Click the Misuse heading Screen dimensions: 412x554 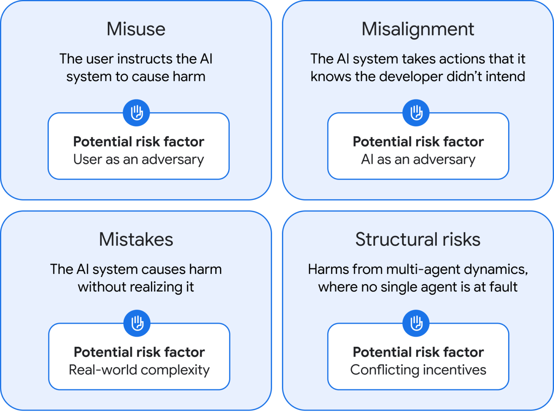[x=136, y=29]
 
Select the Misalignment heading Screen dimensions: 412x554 [x=418, y=29]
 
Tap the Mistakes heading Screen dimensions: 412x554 [x=136, y=239]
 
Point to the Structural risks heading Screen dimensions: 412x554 [x=418, y=239]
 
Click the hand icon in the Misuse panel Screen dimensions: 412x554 [x=137, y=113]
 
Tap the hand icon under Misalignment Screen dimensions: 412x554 [x=416, y=113]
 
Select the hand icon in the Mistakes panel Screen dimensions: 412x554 [x=137, y=323]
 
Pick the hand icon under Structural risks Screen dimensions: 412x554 [x=416, y=323]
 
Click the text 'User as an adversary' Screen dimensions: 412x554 [x=138, y=159]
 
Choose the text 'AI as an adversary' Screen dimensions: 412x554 [x=418, y=159]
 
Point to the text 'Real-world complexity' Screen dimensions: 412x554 [x=139, y=370]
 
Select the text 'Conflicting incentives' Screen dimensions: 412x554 [x=418, y=370]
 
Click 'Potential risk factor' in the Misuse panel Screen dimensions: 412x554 [x=138, y=141]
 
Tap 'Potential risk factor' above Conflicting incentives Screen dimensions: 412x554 [x=418, y=352]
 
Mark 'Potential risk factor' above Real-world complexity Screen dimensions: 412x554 [x=139, y=352]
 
